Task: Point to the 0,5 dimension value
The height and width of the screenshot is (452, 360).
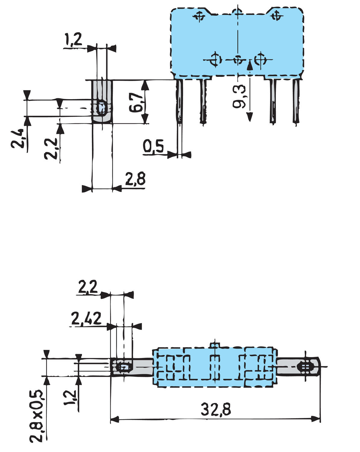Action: (153, 147)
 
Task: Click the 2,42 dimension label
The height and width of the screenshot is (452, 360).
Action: (86, 319)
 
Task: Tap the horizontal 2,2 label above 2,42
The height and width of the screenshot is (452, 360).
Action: (88, 287)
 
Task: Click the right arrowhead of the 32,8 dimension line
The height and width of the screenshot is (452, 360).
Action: (316, 419)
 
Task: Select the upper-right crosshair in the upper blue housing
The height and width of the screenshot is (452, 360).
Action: (275, 16)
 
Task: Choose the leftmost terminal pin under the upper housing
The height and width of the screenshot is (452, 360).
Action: (179, 101)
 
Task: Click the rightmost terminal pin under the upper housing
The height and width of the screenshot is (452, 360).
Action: (296, 101)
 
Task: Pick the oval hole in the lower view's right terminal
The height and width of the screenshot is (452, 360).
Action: (305, 367)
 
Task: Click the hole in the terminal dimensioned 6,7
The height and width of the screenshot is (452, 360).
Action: (102, 107)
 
